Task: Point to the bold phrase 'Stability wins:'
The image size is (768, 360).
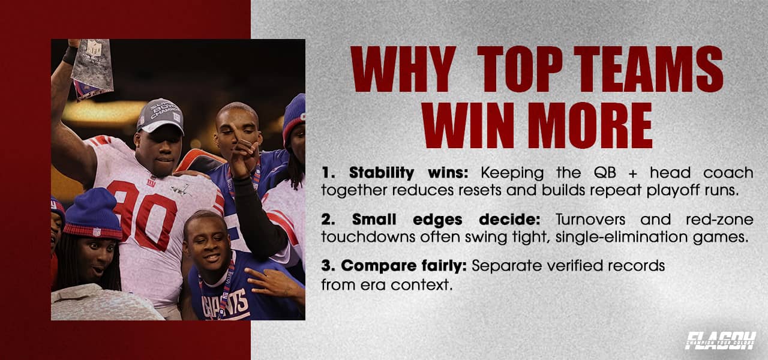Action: pos(397,173)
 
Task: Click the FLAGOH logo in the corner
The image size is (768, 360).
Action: pos(720,340)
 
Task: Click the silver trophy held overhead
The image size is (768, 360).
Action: pos(92,66)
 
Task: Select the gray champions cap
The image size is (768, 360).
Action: pos(160,114)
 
